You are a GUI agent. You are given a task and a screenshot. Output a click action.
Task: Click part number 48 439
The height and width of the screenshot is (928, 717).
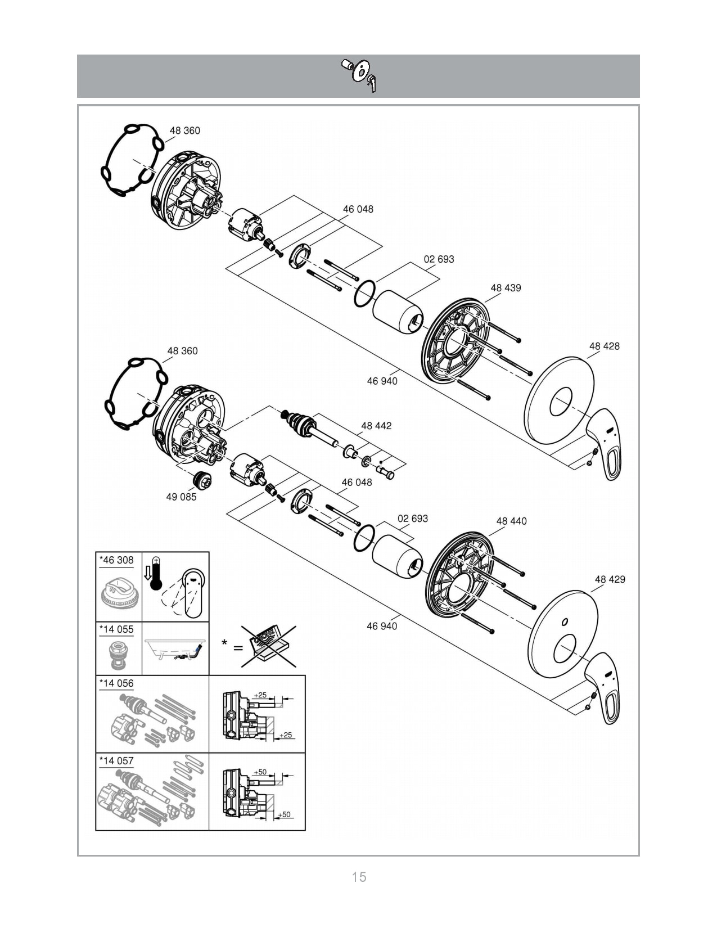click(x=506, y=288)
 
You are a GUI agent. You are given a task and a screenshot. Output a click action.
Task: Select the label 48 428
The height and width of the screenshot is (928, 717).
click(x=604, y=346)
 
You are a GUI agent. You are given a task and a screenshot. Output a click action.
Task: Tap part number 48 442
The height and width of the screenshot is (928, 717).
click(x=376, y=426)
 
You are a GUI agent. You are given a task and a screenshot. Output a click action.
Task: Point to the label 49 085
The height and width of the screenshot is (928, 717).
click(x=181, y=497)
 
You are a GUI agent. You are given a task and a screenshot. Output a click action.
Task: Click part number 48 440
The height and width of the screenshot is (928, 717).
click(x=511, y=521)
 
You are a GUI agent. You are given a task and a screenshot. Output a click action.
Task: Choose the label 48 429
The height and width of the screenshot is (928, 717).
click(x=610, y=579)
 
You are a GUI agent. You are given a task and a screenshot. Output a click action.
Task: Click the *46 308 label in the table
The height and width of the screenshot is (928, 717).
click(x=116, y=560)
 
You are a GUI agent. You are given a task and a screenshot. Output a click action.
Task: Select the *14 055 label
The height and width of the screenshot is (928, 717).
click(x=116, y=629)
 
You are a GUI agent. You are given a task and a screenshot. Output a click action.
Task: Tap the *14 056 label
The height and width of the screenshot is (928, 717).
click(x=116, y=683)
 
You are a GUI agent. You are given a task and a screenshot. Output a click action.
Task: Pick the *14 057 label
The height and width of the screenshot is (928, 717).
click(x=116, y=761)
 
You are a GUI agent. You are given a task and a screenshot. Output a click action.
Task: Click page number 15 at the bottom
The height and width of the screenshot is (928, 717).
click(x=359, y=877)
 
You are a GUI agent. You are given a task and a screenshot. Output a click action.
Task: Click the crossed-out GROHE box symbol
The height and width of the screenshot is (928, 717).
click(x=268, y=646)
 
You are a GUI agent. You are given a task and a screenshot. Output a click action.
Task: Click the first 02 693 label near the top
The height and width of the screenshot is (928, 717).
click(x=439, y=259)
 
